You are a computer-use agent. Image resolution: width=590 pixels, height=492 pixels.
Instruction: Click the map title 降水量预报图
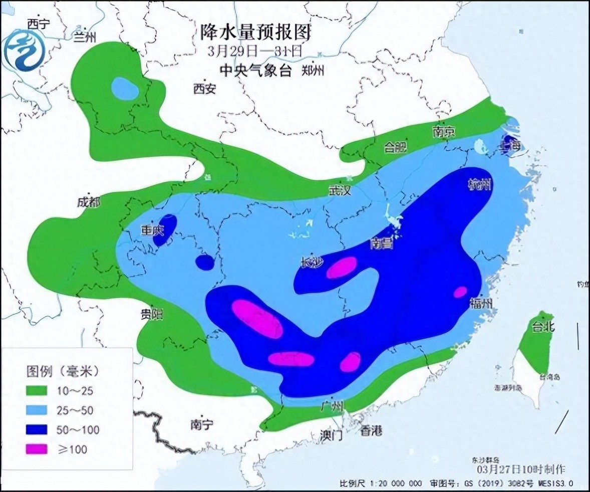(255, 33)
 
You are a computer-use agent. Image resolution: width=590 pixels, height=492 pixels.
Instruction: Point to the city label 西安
(204, 89)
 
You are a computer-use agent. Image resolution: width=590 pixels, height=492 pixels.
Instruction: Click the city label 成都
(89, 202)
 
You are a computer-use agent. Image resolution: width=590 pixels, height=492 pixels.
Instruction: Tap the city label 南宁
(202, 424)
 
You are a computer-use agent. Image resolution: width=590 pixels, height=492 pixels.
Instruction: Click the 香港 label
(371, 431)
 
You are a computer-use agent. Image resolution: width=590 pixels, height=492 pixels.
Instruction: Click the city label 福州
(481, 303)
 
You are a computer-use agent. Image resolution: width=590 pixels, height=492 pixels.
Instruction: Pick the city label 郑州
(313, 71)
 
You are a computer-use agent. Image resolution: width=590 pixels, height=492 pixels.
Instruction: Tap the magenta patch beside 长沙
(342, 267)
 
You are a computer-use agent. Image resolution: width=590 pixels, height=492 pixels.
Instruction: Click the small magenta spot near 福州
(460, 292)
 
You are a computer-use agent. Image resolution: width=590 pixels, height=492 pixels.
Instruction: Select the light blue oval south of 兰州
(125, 89)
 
